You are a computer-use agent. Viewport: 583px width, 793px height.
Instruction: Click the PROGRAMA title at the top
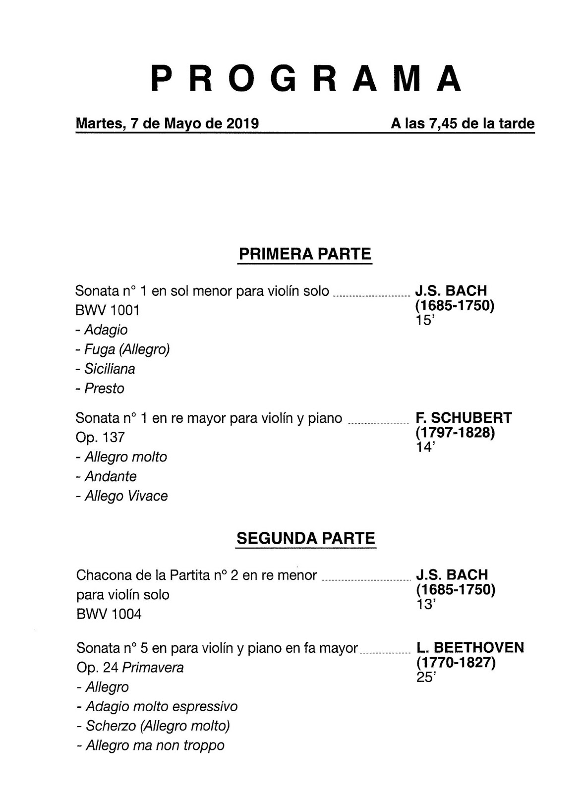[x=306, y=78]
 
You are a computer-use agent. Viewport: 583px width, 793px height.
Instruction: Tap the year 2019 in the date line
[x=242, y=123]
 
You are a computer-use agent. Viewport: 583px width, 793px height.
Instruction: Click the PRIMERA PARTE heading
[x=305, y=254]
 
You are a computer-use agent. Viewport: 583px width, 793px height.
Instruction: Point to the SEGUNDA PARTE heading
[x=306, y=538]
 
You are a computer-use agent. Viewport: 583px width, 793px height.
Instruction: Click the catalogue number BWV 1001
[x=108, y=310]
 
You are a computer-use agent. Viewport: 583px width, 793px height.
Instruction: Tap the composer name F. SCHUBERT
[x=464, y=418]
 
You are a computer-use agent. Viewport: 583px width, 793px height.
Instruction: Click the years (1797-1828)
[x=455, y=433]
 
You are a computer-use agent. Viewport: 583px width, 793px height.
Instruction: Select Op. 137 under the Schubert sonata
[x=100, y=437]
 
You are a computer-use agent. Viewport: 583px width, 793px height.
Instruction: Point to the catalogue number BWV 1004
[x=109, y=614]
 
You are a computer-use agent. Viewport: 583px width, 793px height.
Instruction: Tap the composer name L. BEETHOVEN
[x=470, y=648]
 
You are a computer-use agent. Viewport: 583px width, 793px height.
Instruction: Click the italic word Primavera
[x=153, y=668]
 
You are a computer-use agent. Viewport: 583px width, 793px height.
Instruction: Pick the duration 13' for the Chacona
[x=425, y=604]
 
